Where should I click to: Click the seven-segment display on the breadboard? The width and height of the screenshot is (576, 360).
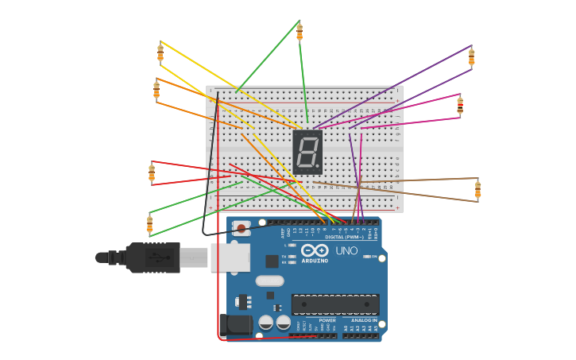tap(307, 152)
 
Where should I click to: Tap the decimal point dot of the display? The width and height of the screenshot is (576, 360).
tap(319, 166)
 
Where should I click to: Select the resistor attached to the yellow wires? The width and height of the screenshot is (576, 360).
tap(160, 52)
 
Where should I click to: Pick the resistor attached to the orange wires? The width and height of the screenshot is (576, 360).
tap(157, 90)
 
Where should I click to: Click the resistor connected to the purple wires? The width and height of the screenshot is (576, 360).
tap(471, 57)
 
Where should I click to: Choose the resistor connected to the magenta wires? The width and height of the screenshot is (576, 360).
tap(460, 106)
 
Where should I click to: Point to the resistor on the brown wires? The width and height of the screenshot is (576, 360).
tap(477, 189)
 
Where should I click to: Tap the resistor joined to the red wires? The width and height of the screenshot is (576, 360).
tap(152, 172)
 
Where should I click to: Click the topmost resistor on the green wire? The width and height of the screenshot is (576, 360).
tap(300, 32)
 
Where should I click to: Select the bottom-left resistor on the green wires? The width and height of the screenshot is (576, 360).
tap(149, 224)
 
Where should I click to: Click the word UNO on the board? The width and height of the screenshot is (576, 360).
tap(346, 251)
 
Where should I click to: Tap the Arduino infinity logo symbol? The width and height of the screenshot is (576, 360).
tap(315, 250)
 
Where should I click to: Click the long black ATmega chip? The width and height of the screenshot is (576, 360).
tap(334, 304)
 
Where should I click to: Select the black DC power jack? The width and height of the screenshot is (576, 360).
tap(235, 324)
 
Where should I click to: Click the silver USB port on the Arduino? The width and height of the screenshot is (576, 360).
tap(230, 257)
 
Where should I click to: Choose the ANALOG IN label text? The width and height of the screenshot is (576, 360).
tap(364, 320)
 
